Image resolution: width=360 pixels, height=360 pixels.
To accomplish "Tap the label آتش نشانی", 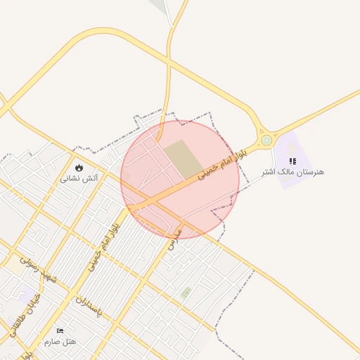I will pyautogui.click(x=78, y=179).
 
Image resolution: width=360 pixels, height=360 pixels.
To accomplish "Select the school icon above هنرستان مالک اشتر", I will pyautogui.click(x=292, y=161).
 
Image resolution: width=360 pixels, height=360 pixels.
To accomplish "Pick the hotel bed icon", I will pyautogui.click(x=60, y=330).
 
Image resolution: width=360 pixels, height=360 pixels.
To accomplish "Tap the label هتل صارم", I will pyautogui.click(x=60, y=341).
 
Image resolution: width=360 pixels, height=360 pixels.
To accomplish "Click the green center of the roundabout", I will pyautogui.click(x=266, y=140).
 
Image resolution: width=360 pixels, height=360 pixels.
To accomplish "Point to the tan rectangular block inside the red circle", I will pyautogui.click(x=181, y=159).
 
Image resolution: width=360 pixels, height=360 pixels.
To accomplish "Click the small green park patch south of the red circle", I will pyautogui.click(x=185, y=292).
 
